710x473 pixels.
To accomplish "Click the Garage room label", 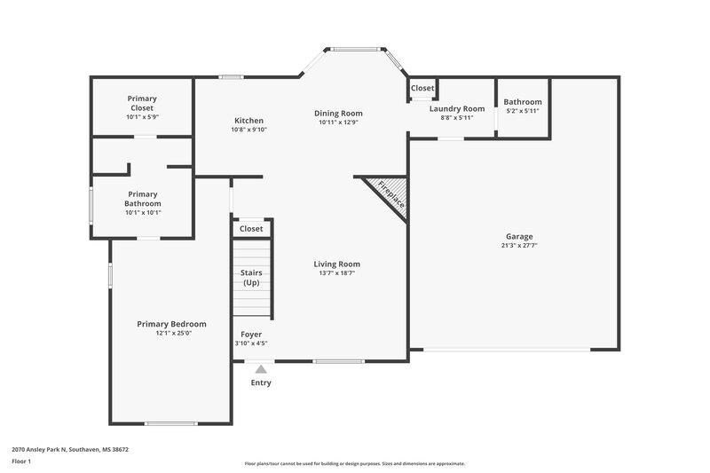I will click(519, 237).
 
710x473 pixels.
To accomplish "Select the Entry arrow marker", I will click(260, 369).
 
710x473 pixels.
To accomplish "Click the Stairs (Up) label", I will click(251, 277).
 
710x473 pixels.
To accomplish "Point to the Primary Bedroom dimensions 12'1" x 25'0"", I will click(171, 334).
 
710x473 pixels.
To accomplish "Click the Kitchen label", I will click(248, 121).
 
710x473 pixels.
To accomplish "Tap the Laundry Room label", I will click(457, 108).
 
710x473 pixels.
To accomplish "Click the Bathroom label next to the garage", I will click(523, 102).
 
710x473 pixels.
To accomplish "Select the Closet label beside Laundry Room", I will click(422, 89).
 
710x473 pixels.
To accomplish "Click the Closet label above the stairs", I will click(251, 229).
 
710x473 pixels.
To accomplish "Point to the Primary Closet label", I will click(141, 103).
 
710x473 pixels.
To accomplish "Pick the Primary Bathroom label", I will click(142, 199).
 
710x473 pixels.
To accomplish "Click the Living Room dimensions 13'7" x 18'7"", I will click(337, 273).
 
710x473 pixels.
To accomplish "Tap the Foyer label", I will click(251, 335).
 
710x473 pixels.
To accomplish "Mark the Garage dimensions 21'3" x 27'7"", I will click(519, 247).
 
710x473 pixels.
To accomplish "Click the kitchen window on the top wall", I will click(233, 77).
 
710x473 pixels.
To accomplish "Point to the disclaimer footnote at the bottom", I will click(354, 463).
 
